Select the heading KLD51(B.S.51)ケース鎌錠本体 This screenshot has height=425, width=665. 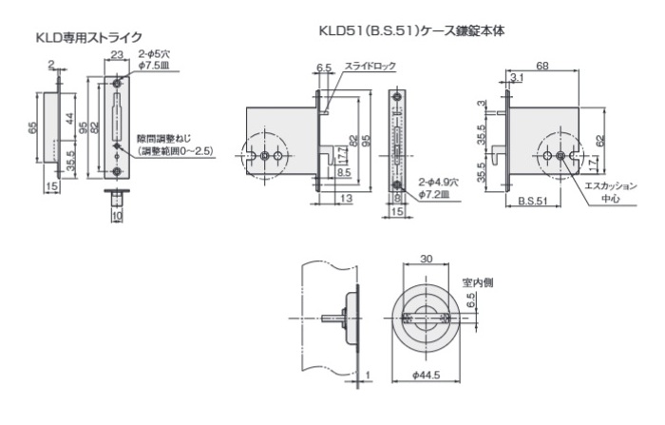(410, 30)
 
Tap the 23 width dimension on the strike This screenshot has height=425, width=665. (118, 56)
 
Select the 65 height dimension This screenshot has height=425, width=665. (32, 127)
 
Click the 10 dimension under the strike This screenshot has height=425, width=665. (117, 217)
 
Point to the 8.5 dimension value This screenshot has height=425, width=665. (344, 172)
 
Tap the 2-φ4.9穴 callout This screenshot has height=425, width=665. (438, 180)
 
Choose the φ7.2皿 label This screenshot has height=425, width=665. (435, 194)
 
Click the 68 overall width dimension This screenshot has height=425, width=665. (541, 65)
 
